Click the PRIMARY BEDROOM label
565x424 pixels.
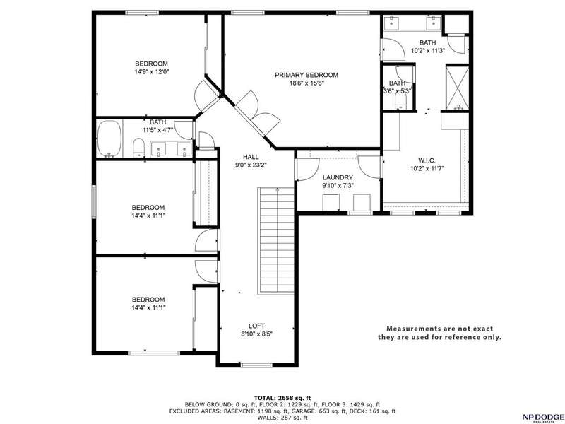[307, 75]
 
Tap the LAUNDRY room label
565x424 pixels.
[338, 177]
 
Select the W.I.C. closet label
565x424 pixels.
[427, 160]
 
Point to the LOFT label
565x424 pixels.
[256, 326]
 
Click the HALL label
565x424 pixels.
[251, 157]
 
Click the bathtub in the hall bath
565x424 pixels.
[109, 139]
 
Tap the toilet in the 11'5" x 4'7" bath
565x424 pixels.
[138, 148]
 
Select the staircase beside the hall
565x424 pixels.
[276, 241]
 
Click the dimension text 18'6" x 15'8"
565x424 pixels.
[307, 83]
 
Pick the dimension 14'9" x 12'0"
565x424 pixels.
[152, 72]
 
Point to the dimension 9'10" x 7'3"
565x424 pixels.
[338, 186]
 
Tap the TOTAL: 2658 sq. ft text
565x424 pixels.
[282, 398]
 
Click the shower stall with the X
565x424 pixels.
[457, 88]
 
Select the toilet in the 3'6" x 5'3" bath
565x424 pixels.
[400, 101]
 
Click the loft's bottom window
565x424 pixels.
[256, 365]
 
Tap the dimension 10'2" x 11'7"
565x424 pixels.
[427, 168]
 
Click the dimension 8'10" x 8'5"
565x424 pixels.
[256, 334]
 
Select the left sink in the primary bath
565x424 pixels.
[391, 23]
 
